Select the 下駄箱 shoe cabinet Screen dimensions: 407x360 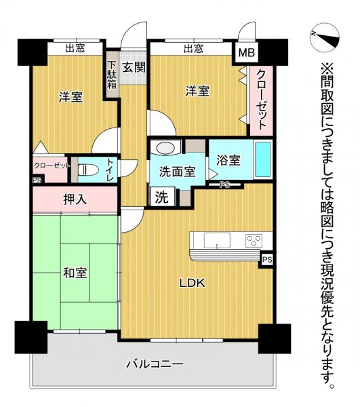coord(112,73)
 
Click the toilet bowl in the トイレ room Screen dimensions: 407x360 coord(85,170)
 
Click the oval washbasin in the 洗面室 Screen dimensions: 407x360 coord(165,149)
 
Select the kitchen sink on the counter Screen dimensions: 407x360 coord(216,239)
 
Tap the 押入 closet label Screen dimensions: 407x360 coord(75,200)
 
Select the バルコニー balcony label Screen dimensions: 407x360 coord(155,364)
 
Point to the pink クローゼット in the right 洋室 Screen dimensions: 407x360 coord(260,100)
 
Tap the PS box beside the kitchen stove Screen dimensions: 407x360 coord(266,259)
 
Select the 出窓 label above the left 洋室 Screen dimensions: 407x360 coord(75,48)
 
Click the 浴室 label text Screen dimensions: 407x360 coord(228,161)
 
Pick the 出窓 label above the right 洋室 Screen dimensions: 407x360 coord(193,48)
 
